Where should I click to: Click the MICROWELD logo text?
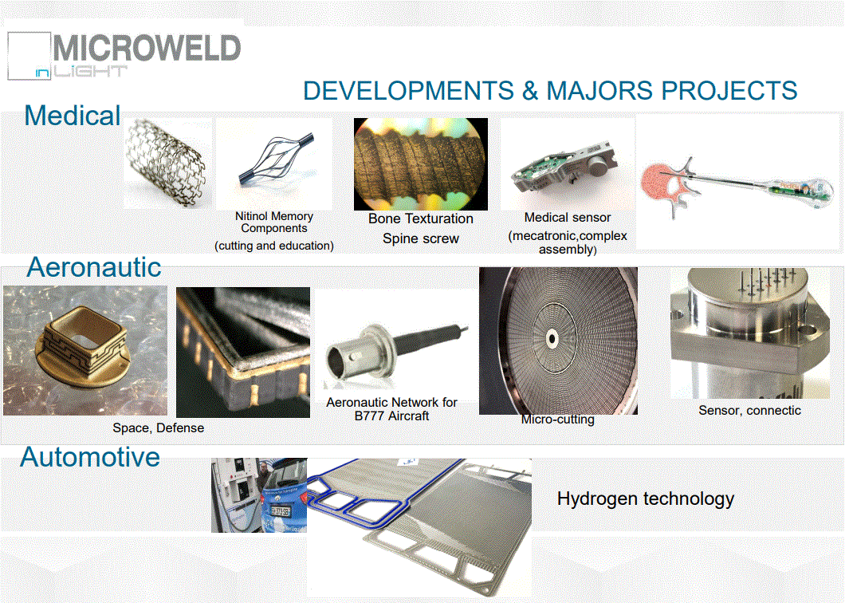click(x=147, y=48)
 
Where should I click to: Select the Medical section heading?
click(x=73, y=116)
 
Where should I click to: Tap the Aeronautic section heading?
click(x=94, y=267)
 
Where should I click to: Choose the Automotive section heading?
click(x=90, y=457)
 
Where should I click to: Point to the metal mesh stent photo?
click(x=167, y=163)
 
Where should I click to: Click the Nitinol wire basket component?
click(x=275, y=160)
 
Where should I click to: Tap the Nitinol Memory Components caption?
click(x=274, y=222)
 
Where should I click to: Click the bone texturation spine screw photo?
click(x=421, y=164)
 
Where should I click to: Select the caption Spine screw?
click(x=421, y=238)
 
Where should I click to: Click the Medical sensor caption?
click(x=568, y=217)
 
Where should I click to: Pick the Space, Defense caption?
click(x=158, y=428)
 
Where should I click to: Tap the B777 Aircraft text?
click(x=391, y=416)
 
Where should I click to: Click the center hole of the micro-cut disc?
click(x=552, y=339)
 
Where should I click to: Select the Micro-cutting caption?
click(x=558, y=420)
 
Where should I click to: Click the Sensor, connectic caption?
click(x=749, y=410)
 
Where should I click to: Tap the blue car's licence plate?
click(x=281, y=511)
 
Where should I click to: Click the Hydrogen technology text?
click(x=646, y=499)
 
